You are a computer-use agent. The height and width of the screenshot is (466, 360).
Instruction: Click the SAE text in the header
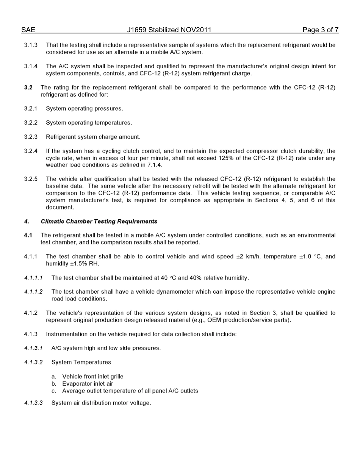pos(28,30)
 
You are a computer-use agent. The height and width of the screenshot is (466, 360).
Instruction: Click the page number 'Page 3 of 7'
pos(320,30)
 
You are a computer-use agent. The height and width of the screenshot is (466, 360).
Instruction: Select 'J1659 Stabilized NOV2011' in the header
pos(169,30)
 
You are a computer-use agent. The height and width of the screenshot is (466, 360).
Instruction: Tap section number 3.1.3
pos(31,45)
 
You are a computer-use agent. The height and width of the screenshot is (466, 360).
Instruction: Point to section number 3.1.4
pos(31,66)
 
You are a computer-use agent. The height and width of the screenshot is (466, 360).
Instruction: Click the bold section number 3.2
pos(28,88)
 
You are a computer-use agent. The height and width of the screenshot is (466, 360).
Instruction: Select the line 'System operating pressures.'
pos(84,109)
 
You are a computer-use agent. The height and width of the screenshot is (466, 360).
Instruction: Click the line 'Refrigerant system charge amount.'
pos(93,137)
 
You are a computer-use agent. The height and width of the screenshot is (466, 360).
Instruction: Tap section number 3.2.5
pos(31,179)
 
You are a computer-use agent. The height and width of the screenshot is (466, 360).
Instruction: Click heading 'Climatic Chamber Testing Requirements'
pos(99,221)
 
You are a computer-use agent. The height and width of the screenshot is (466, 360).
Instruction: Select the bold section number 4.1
pos(28,235)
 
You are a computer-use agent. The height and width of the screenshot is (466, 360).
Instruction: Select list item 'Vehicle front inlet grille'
pos(92,377)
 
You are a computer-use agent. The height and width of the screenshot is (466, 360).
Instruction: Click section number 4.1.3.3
pos(33,403)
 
